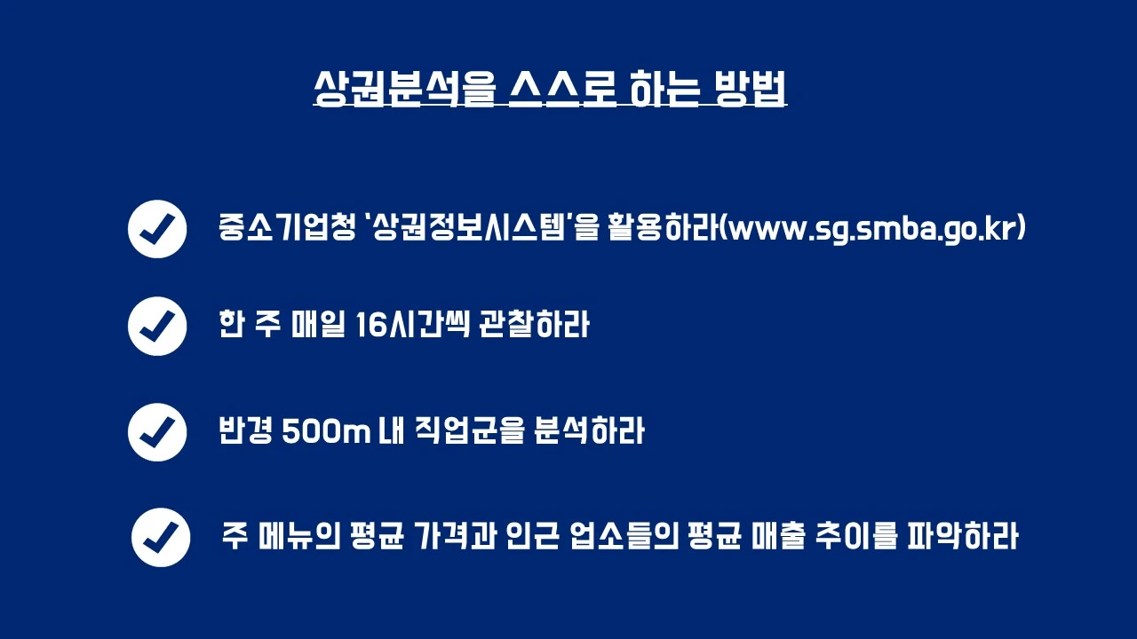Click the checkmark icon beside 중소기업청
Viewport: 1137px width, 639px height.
pos(157,229)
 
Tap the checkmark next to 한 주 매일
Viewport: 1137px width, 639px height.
pos(157,326)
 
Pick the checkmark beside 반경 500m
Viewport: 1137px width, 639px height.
pos(157,432)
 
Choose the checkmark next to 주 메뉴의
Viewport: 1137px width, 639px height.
pos(161,537)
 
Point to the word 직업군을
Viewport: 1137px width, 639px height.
pos(469,432)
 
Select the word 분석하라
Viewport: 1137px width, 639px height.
pos(590,432)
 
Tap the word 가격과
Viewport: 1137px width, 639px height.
pos(452,537)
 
